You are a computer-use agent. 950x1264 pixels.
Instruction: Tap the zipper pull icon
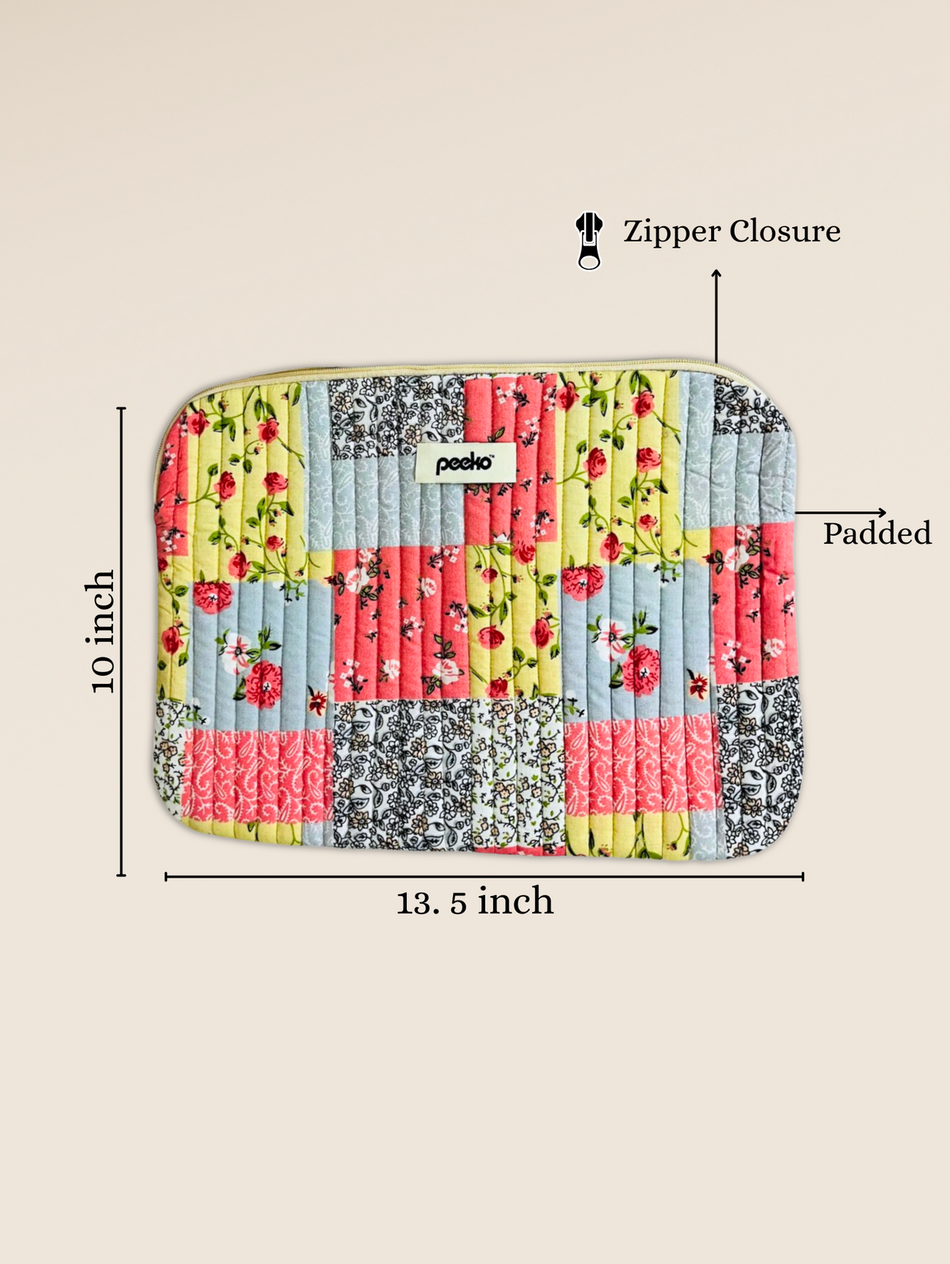[589, 241]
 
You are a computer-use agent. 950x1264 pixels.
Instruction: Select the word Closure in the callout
[785, 231]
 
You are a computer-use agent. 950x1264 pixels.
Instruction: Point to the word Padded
[876, 534]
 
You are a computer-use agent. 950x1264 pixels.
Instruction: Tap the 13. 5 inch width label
[474, 902]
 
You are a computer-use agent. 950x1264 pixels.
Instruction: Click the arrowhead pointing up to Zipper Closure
[716, 273]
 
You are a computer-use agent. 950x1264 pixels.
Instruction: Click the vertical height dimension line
[121, 641]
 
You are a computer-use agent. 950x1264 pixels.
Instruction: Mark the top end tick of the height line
[121, 408]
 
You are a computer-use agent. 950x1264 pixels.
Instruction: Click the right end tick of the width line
[803, 876]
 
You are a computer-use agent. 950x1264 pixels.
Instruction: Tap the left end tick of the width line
[165, 876]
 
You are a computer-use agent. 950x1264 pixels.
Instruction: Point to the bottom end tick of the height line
[121, 875]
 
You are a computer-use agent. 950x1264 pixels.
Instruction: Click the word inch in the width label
[515, 902]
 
